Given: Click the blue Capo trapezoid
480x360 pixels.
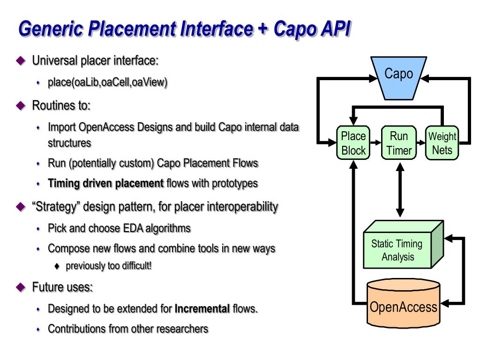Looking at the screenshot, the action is point(398,78).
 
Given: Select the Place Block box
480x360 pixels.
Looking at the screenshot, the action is point(353,142).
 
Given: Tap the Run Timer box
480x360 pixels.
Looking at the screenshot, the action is point(399,142).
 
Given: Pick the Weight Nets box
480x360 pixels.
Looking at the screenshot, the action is point(442,142).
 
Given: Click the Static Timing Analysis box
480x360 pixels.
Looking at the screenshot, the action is point(403,244).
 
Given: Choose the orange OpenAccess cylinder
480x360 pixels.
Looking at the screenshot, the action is point(404,303).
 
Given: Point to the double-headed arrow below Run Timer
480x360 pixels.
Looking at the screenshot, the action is point(400,190).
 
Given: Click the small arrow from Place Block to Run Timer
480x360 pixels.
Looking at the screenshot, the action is point(375,142).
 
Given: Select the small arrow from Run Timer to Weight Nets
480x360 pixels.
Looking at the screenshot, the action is point(421,142).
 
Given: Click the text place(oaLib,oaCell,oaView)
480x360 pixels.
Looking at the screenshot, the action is point(108,82).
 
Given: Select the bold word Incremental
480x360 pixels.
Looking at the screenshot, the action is point(202,308).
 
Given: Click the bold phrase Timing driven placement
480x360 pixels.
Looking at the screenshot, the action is point(106,183).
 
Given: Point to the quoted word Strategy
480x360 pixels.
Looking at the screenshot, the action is point(56,207).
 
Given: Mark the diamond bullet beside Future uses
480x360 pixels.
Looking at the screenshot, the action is point(21,287).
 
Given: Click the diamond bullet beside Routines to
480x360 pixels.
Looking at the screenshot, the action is point(21,105).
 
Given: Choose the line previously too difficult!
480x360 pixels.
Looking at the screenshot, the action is point(109,266).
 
